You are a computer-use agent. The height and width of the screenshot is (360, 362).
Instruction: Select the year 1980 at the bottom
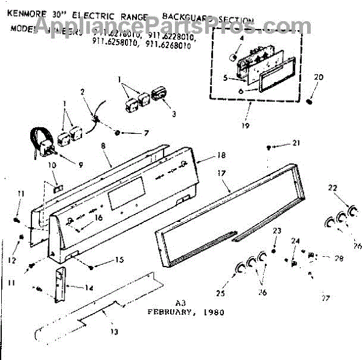tap(214, 312)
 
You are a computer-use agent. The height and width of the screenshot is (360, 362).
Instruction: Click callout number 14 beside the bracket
tap(89, 288)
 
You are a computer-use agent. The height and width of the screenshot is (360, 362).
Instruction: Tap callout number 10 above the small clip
tap(51, 165)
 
